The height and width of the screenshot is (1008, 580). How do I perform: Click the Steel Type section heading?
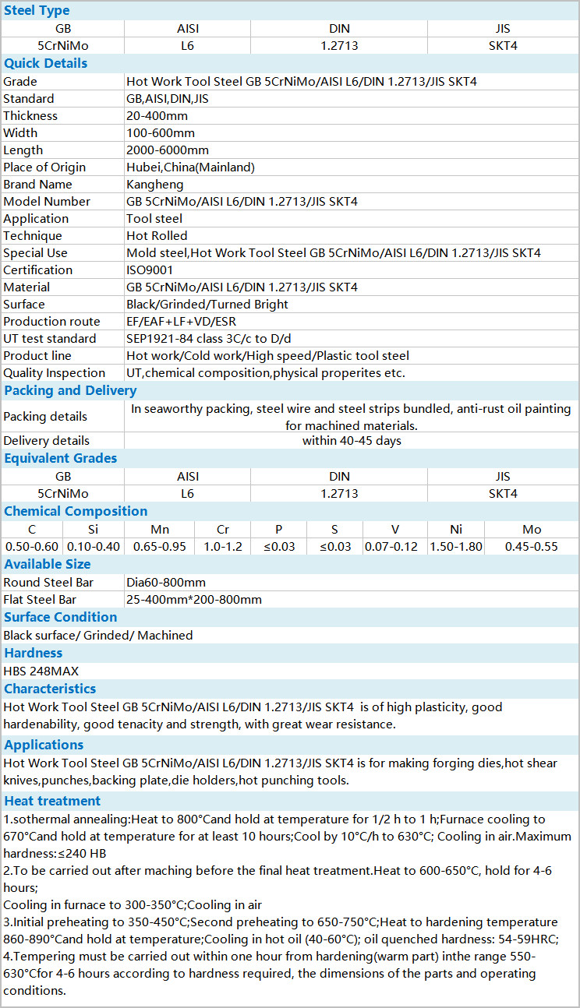coord(37,10)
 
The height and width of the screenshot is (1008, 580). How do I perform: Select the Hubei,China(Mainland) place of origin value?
coord(190,167)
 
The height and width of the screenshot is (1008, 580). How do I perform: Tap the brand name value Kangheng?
coord(155,184)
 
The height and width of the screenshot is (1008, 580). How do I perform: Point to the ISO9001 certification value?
coord(150,270)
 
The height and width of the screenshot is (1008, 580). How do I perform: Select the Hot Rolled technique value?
coord(157,235)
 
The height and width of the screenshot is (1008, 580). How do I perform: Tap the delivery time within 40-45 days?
coord(352,440)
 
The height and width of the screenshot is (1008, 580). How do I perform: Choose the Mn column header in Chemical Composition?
coord(160,529)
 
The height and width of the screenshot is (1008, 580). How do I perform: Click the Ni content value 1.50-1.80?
coord(456,546)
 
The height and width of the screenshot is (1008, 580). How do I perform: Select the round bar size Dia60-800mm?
coord(166,582)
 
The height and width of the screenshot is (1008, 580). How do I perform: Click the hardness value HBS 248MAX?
coord(41,671)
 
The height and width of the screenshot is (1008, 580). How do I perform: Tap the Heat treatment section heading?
coord(52,801)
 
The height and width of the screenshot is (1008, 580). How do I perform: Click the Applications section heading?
coord(44,745)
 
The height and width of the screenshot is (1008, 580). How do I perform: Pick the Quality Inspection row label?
coord(54,372)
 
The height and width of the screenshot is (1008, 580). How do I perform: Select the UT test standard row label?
coord(50,338)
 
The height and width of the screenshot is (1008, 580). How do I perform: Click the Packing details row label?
coord(45,416)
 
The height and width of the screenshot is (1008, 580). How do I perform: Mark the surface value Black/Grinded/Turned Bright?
coord(207,304)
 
